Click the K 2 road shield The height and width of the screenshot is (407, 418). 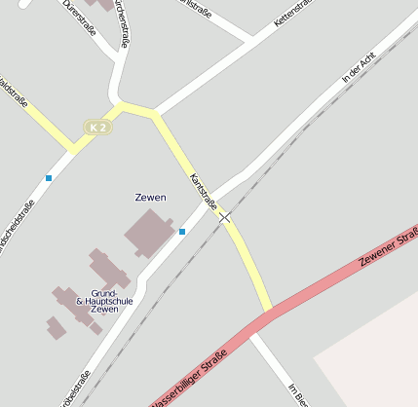click(95, 128)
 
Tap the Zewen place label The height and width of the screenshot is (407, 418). click(150, 198)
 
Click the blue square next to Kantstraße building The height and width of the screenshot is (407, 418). click(182, 232)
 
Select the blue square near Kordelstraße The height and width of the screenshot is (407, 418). click(49, 177)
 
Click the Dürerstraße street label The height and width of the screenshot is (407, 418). click(79, 17)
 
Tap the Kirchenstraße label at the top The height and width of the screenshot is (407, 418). click(122, 21)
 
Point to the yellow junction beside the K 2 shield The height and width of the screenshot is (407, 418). click(121, 106)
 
